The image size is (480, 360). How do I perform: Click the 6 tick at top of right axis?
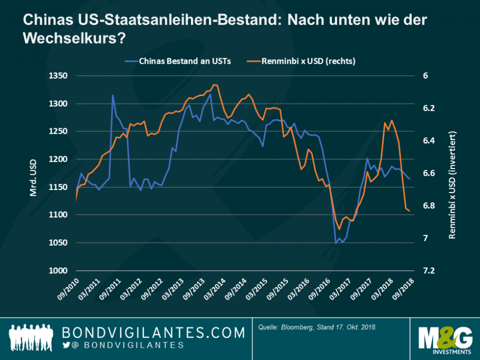[x=425, y=76]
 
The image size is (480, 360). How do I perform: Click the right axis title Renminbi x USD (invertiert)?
[x=451, y=174]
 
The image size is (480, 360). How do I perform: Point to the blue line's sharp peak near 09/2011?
[x=112, y=95]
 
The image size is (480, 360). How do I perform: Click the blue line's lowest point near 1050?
[x=336, y=243]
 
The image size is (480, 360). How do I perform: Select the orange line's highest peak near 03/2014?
[x=214, y=85]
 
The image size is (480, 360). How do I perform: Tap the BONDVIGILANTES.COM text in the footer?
[x=153, y=333]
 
